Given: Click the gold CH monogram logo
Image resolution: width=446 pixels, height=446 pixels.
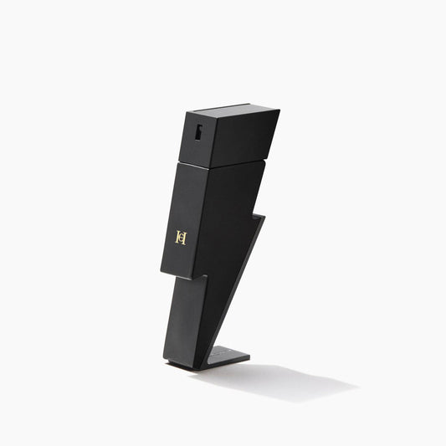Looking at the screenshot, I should pos(180,237).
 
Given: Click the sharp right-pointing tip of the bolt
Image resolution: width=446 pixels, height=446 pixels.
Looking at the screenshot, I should pos(264,217).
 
